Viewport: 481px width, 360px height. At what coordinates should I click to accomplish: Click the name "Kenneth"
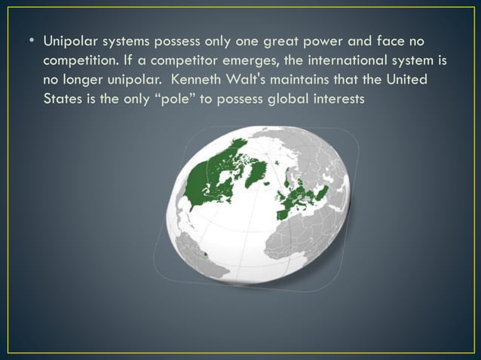(195, 80)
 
